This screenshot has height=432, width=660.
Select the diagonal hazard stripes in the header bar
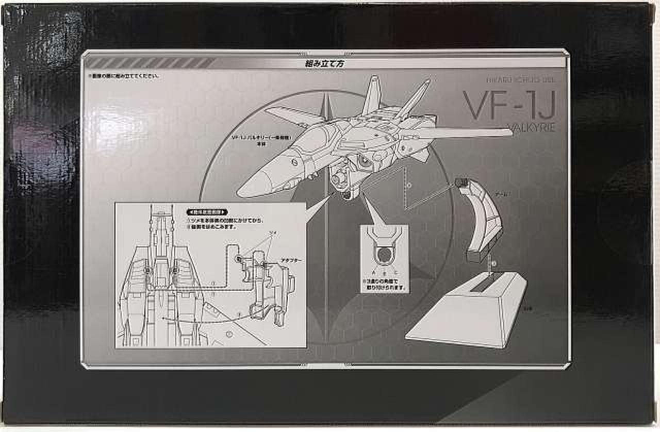(x=150, y=63)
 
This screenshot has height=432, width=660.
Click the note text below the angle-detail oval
(x=384, y=285)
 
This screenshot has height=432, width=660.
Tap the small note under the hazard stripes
(x=123, y=76)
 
